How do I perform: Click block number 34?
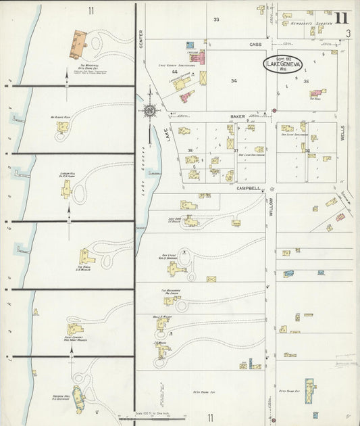234,81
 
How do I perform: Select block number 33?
216,20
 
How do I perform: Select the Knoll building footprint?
86,257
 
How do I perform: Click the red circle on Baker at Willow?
274,110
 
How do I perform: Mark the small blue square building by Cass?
190,45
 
